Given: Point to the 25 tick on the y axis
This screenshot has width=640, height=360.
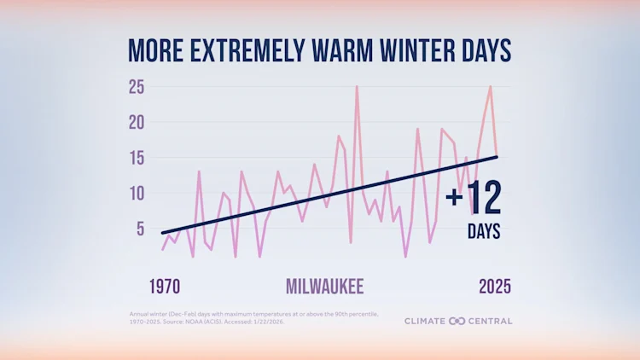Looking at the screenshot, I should pyautogui.click(x=137, y=87).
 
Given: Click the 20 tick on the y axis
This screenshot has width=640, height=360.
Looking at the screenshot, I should pyautogui.click(x=137, y=122).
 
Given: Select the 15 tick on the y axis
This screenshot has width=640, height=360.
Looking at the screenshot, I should pyautogui.click(x=137, y=158).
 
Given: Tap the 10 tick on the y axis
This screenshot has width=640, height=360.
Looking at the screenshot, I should pyautogui.click(x=137, y=193).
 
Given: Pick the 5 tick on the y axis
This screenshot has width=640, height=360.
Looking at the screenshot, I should pyautogui.click(x=140, y=228).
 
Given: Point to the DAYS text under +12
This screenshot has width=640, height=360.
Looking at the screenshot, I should pyautogui.click(x=484, y=232).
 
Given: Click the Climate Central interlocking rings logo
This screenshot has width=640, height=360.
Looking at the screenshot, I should pyautogui.click(x=455, y=322).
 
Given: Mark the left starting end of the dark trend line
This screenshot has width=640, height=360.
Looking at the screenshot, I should pyautogui.click(x=162, y=232).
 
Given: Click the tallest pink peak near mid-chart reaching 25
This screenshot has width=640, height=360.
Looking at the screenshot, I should pyautogui.click(x=357, y=87).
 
